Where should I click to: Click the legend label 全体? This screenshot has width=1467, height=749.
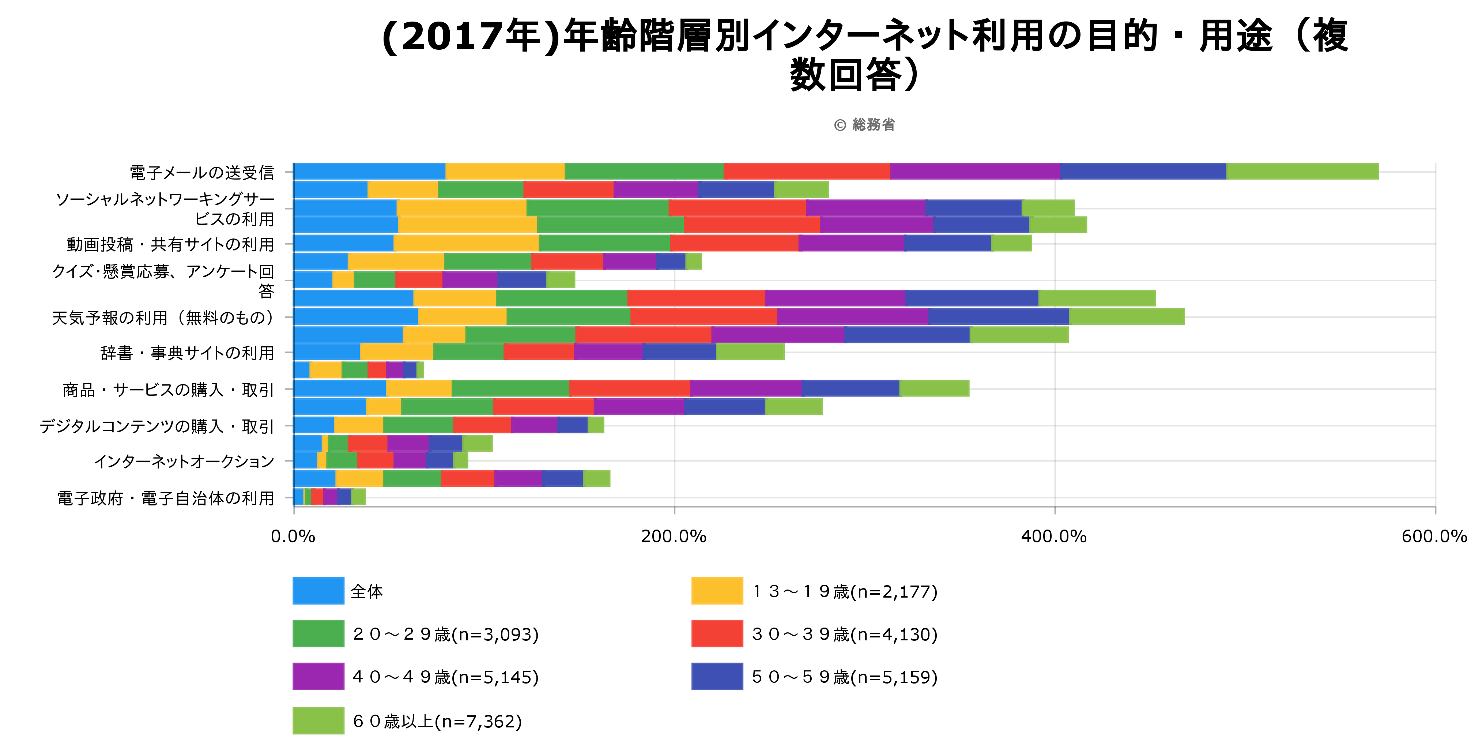point(367,591)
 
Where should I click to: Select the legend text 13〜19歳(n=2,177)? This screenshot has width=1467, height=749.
point(845,591)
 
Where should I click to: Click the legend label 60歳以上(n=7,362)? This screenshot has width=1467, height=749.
point(437,721)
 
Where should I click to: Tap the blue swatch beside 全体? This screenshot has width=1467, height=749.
point(318,591)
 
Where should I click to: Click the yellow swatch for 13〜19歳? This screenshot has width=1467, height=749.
point(717,591)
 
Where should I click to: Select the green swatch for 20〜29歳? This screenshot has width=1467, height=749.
point(318,633)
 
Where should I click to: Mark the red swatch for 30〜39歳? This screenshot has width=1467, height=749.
point(717,633)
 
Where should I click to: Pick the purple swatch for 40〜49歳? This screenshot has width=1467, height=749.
point(318,676)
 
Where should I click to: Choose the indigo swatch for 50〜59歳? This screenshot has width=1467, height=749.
point(717,676)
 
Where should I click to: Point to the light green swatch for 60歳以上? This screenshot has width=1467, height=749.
point(318,720)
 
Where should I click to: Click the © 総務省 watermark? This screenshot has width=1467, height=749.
point(864,125)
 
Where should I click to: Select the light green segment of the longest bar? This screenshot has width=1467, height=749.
point(1302,172)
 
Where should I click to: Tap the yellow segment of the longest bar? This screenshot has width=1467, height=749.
point(505,172)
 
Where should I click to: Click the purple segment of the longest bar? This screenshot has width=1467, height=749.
point(974,172)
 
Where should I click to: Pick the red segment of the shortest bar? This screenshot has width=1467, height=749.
point(317,497)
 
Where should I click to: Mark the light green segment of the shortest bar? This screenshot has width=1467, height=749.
point(358,497)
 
